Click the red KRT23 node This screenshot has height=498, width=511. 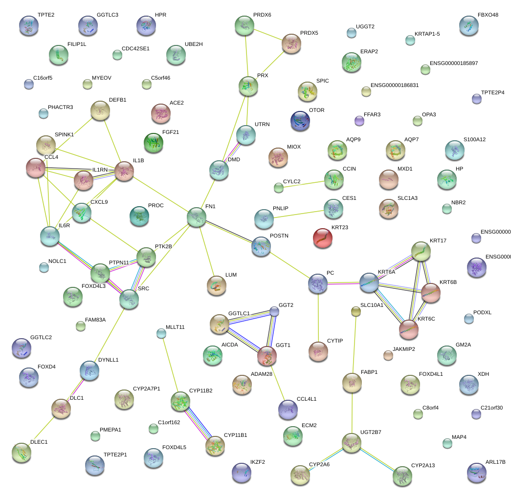pyautogui.click(x=322, y=238)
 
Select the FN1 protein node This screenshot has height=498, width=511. pyautogui.click(x=196, y=217)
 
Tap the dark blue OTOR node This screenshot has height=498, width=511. pyautogui.click(x=300, y=121)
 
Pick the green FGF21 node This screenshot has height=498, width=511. pyautogui.click(x=154, y=142)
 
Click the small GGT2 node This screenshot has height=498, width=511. pyautogui.click(x=274, y=311)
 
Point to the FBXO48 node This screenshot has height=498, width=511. pyautogui.click(x=469, y=25)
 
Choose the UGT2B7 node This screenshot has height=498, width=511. pyautogui.click(x=351, y=442)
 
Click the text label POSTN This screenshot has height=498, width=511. pyautogui.click(x=279, y=236)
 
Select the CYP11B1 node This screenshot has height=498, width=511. pyautogui.click(x=215, y=445)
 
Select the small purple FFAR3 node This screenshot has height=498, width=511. pyautogui.click(x=359, y=121)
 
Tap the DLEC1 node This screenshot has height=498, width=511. pyautogui.click(x=22, y=453)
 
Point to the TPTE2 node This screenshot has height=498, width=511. pyautogui.click(x=28, y=25)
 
